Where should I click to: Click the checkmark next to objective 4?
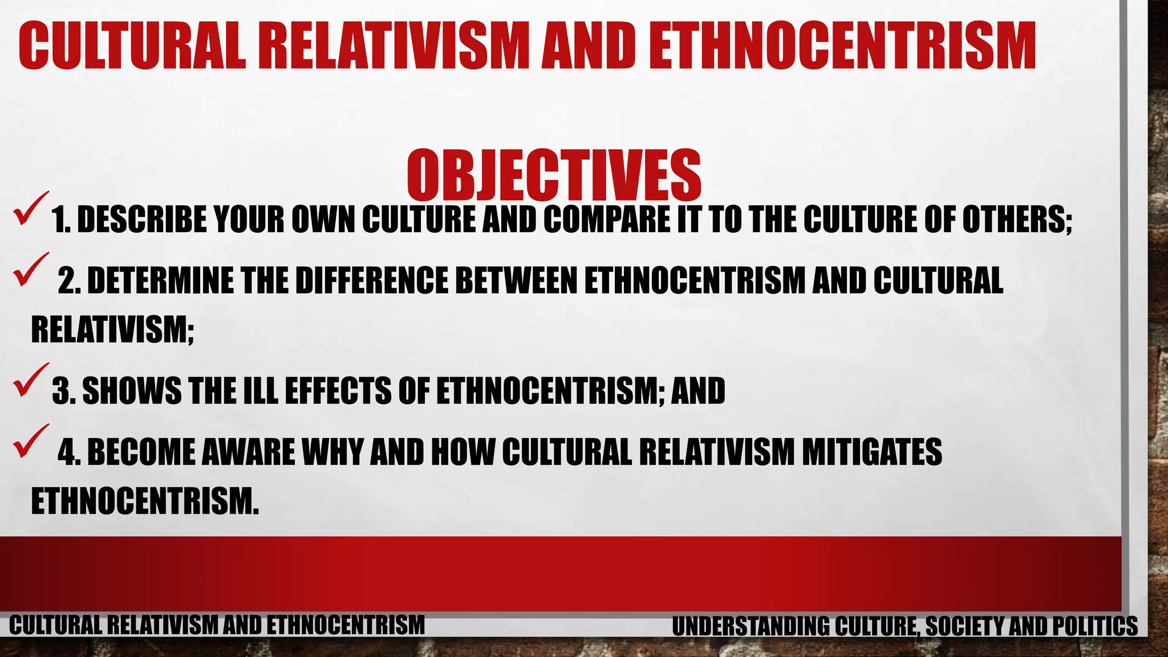tap(31, 441)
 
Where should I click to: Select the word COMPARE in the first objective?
tap(607, 220)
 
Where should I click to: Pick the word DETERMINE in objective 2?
tap(160, 281)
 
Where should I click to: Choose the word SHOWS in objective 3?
tap(131, 391)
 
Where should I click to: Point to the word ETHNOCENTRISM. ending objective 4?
tap(145, 502)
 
